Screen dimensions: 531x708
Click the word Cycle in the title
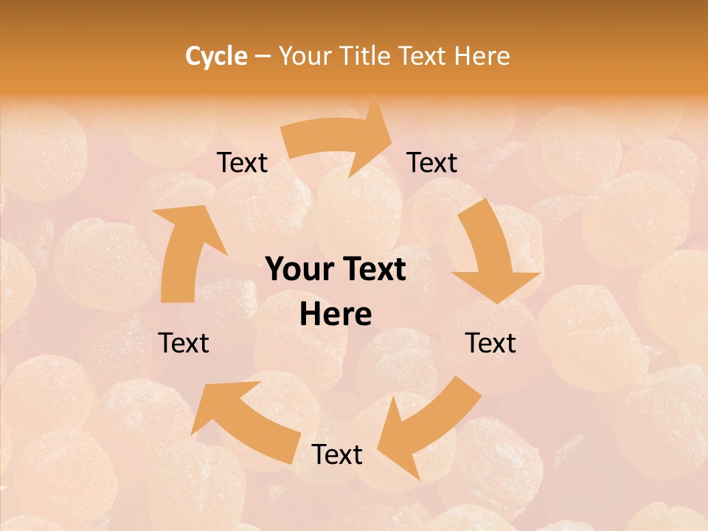tap(216, 56)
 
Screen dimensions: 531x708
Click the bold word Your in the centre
tap(298, 270)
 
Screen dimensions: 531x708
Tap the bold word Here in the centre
tap(336, 315)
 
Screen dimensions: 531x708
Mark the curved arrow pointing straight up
tap(184, 251)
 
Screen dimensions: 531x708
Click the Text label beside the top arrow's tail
tap(243, 163)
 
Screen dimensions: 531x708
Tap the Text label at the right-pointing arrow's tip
tap(432, 163)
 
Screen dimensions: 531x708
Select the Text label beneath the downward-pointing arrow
tap(490, 343)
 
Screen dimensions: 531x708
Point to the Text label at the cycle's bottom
tap(337, 454)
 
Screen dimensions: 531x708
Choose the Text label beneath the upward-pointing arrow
tap(184, 343)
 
